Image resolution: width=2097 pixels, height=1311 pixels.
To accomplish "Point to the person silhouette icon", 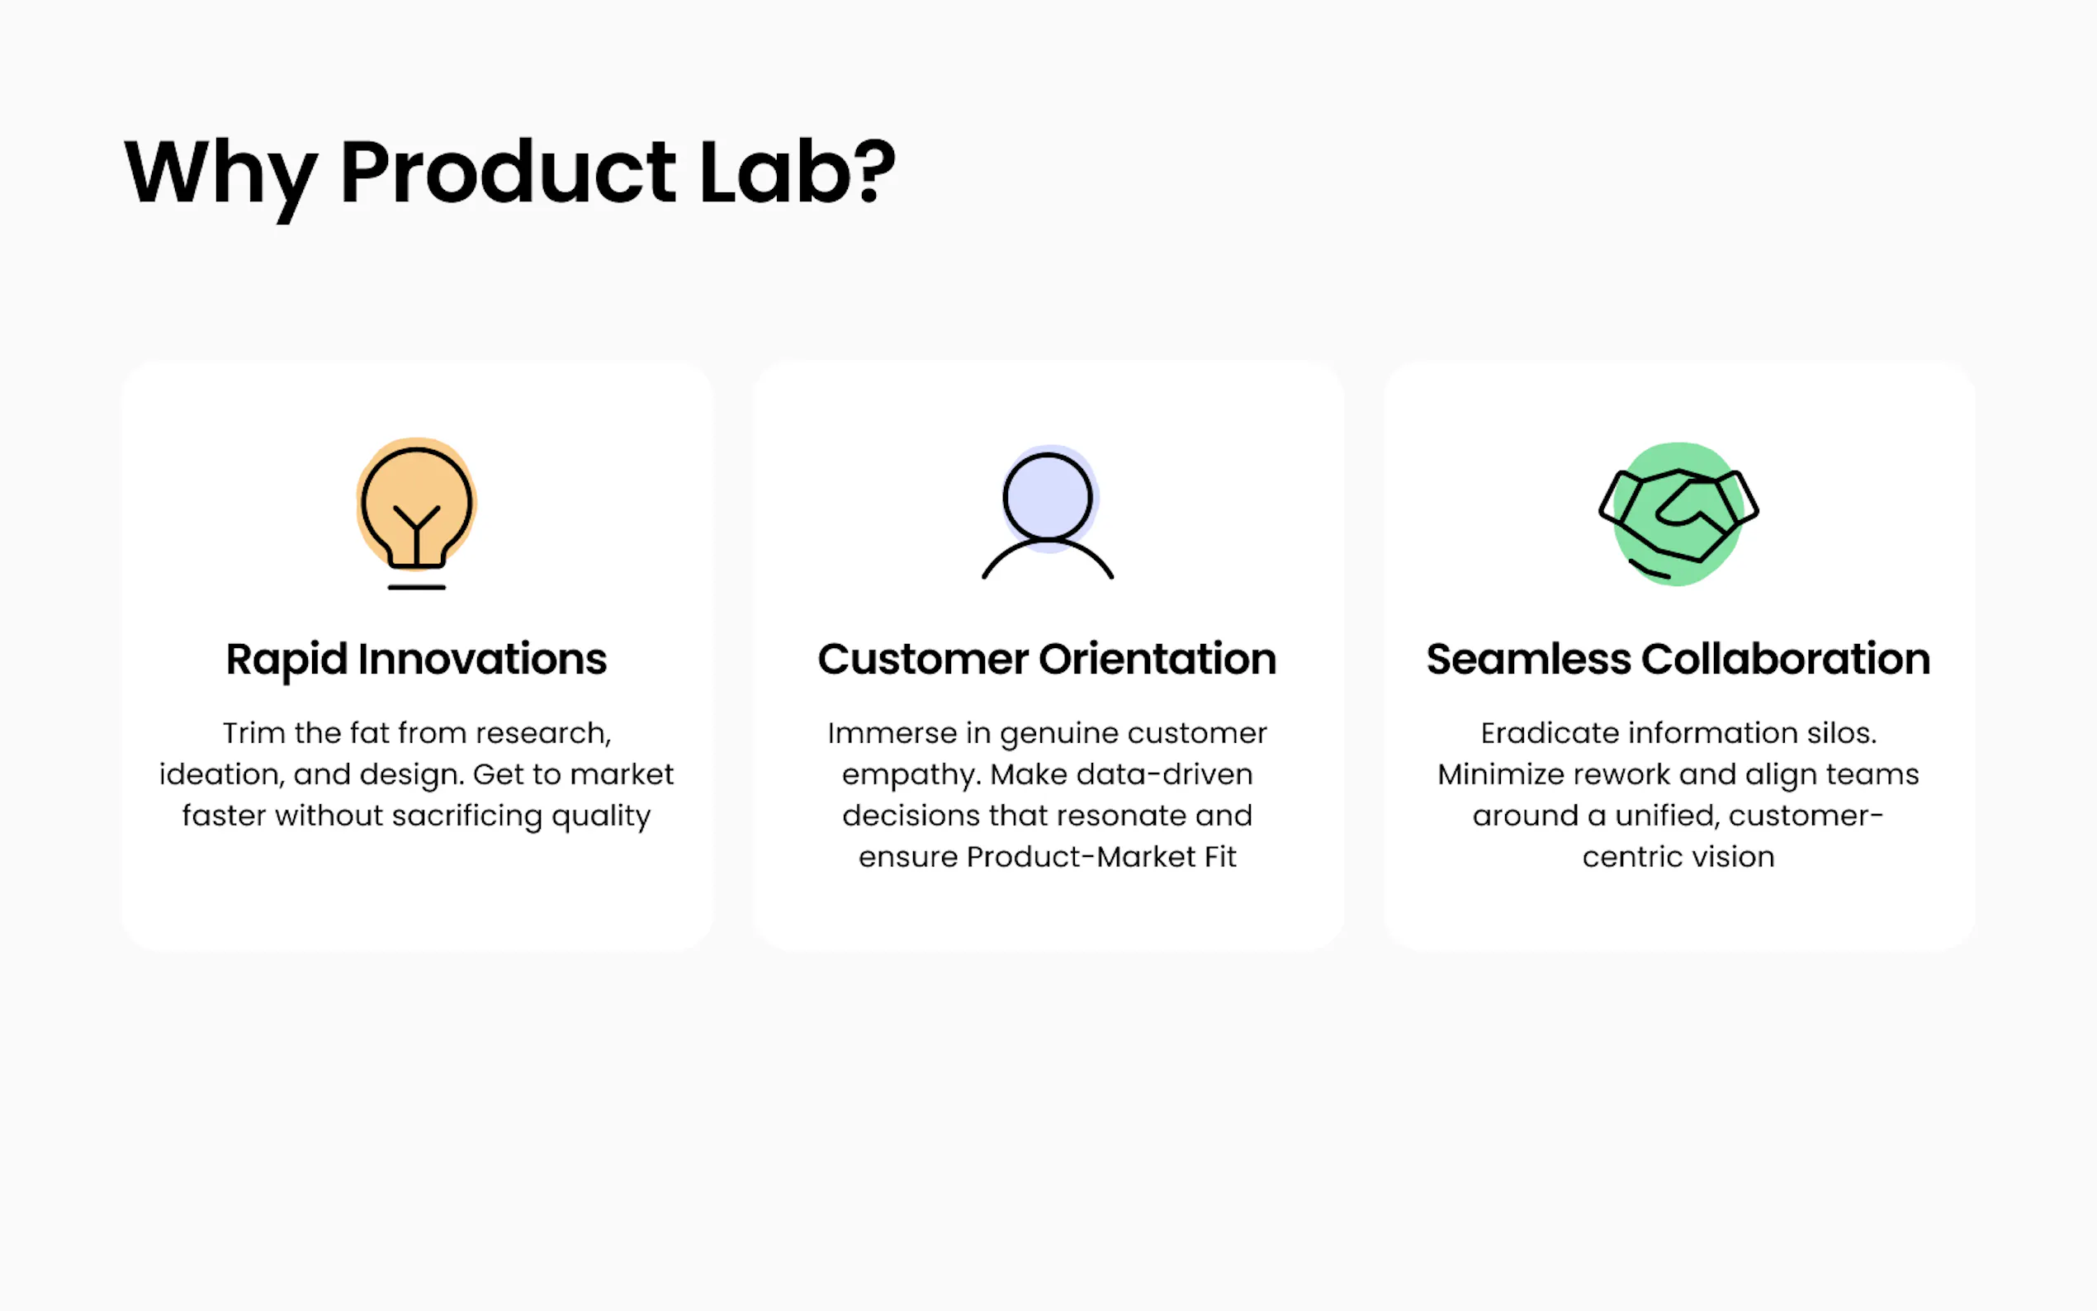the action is tap(1048, 512).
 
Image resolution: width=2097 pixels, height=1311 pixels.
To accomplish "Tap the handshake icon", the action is tap(1678, 514).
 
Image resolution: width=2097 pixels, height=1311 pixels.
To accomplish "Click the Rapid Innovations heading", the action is tap(416, 660).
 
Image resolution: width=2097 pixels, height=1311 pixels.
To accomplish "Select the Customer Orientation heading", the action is tap(1047, 659).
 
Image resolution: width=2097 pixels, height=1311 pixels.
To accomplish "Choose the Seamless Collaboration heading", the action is tap(1678, 659).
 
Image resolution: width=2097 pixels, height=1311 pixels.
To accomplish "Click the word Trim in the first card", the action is tap(253, 734).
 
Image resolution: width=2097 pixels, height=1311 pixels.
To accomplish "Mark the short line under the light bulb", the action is tap(417, 587).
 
